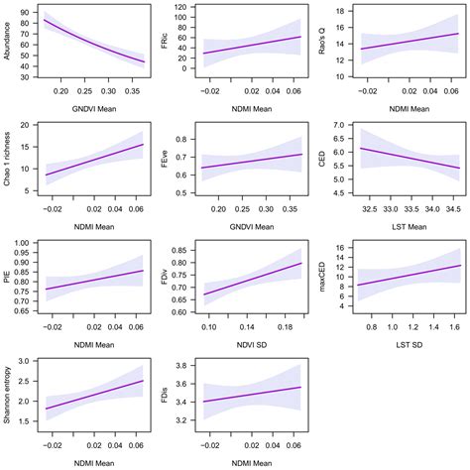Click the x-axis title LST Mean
[x=402, y=230]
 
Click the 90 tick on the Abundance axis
[x=24, y=12]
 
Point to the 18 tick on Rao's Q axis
[x=337, y=11]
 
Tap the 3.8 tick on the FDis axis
[x=180, y=366]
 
